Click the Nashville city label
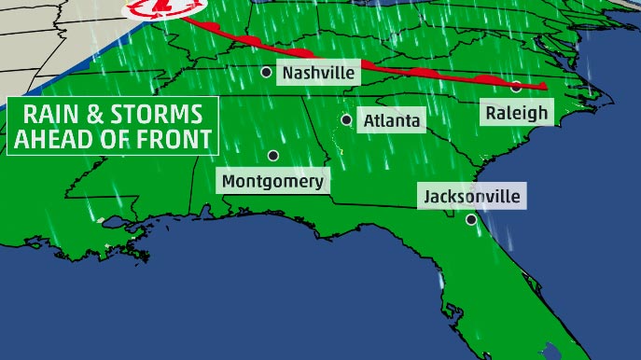[x=319, y=73]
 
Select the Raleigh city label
[x=516, y=113]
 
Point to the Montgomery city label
[x=273, y=181]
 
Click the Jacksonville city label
[x=472, y=197]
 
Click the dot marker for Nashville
[x=267, y=72]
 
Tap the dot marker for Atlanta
[x=346, y=119]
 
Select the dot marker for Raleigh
[x=515, y=87]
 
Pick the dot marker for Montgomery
[x=273, y=155]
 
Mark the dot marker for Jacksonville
[x=472, y=220]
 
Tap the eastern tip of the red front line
[x=544, y=88]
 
